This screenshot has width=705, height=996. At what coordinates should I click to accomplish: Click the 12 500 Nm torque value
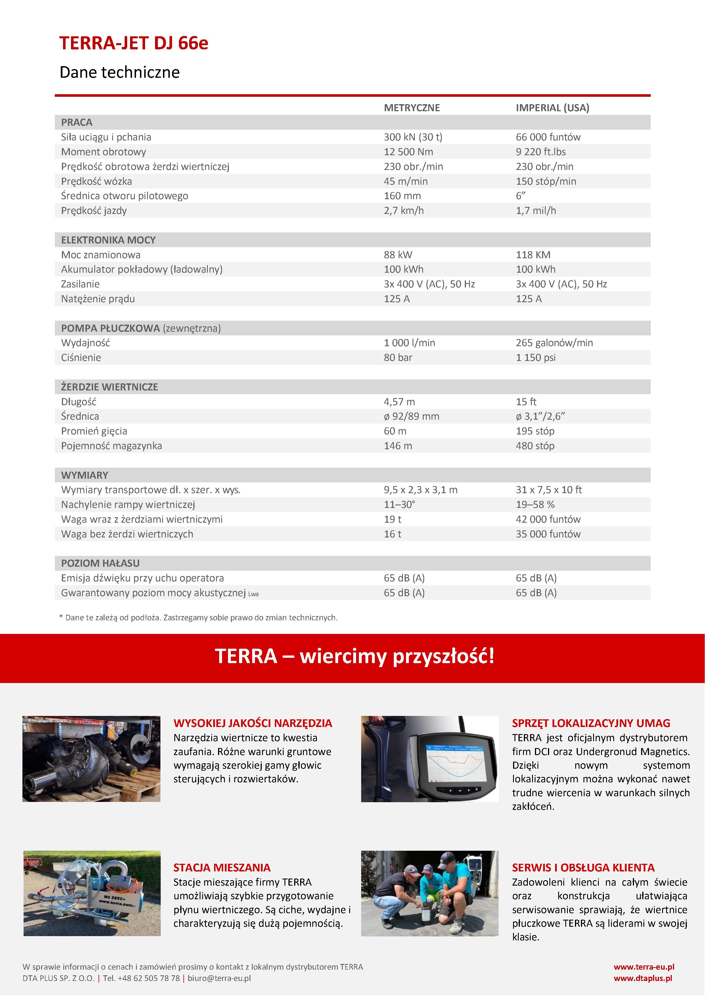point(408,152)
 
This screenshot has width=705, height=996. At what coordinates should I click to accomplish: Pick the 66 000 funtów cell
point(548,137)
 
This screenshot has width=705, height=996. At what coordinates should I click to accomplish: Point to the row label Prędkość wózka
point(96,181)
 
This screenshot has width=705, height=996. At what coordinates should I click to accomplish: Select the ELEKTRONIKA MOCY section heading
point(108,240)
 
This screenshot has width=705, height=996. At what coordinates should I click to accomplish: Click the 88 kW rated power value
point(398,255)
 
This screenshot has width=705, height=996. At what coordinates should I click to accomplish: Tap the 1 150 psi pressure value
point(535,358)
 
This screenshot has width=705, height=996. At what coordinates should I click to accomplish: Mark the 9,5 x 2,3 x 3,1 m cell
point(420,490)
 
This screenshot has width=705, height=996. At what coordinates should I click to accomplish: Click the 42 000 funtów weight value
point(548,519)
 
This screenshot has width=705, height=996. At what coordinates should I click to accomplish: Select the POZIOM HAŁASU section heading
point(100,563)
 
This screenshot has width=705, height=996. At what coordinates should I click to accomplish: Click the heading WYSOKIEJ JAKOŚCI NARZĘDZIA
point(253,723)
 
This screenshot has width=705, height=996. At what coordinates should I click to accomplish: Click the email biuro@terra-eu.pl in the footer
point(219,978)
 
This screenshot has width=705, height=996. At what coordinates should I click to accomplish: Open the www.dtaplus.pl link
point(643,978)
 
